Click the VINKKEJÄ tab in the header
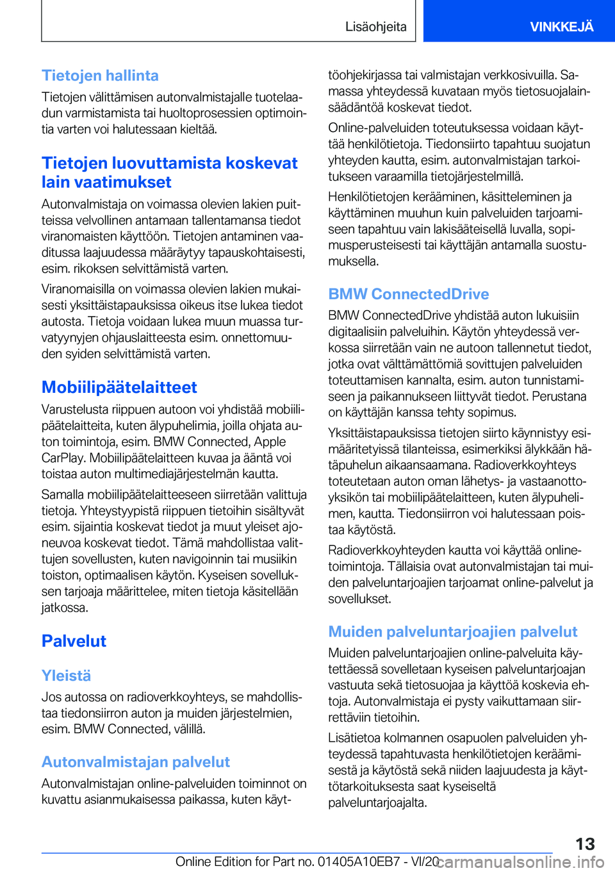coord(561,26)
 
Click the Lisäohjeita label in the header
coord(375,26)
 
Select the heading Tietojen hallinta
coord(100,76)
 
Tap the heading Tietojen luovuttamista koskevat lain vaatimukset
coord(169,172)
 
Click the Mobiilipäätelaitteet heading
coord(119,387)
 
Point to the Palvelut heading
coord(74,641)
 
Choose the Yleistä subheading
coord(66,676)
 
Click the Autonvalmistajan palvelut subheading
coord(135,761)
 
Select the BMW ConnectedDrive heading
coord(408,294)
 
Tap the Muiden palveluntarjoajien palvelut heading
coord(452,631)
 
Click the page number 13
coord(584,844)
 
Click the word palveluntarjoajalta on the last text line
coord(377,802)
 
